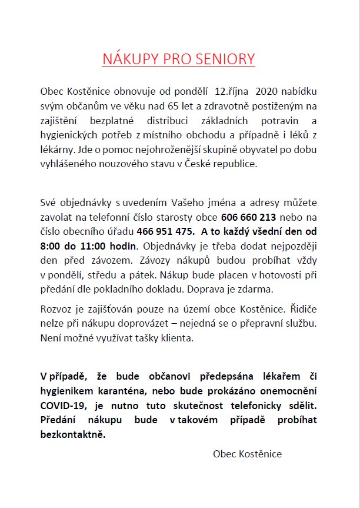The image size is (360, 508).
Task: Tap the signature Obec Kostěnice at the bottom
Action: (x=247, y=454)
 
